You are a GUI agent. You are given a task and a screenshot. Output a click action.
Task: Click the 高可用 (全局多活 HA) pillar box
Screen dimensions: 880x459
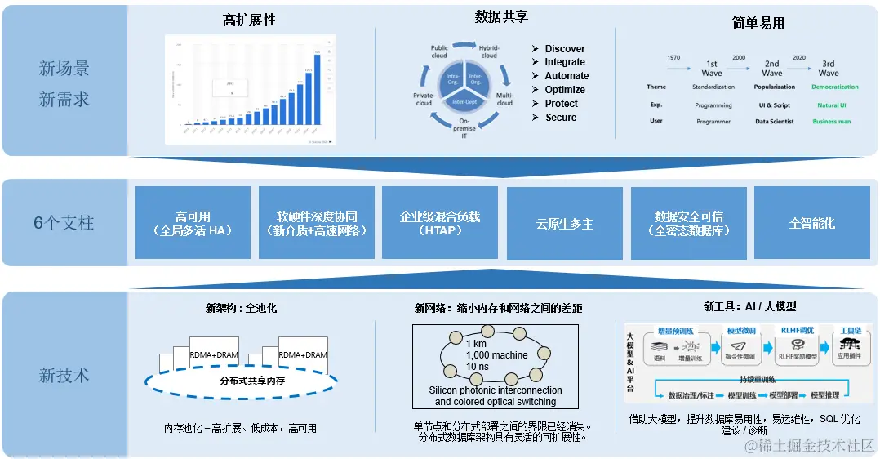tap(192, 223)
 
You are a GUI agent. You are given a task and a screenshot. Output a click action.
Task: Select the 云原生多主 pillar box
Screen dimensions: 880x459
tap(564, 223)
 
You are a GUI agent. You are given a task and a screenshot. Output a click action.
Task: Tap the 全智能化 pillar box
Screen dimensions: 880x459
tap(811, 223)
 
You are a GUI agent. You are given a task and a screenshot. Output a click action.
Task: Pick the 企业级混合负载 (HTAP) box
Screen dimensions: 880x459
tap(439, 223)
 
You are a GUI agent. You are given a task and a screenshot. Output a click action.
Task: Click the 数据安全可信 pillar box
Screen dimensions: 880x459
tap(688, 223)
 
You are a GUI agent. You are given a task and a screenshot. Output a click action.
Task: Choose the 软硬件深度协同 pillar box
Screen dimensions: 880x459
tap(316, 223)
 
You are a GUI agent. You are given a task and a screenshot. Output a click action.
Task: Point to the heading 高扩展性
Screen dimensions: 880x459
tap(249, 20)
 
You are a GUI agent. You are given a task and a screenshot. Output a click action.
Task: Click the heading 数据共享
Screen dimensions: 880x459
tap(501, 17)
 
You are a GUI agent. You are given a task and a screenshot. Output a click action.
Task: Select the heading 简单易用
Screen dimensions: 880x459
tap(758, 23)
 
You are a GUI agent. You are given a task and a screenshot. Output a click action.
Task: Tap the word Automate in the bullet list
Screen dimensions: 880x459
tap(567, 76)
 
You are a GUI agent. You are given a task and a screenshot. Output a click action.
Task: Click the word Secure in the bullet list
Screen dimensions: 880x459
tap(561, 118)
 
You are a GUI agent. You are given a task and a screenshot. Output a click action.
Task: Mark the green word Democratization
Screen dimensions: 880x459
tap(834, 87)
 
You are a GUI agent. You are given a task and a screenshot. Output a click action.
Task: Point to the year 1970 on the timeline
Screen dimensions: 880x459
tap(673, 58)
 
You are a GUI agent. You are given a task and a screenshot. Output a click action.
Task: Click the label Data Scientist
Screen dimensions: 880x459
tap(775, 121)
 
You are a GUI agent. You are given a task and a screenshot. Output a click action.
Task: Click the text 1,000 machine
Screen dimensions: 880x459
tap(496, 355)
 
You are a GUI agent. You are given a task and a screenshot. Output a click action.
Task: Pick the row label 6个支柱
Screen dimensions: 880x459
tap(64, 222)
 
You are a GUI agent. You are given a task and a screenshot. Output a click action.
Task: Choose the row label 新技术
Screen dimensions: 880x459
tap(64, 376)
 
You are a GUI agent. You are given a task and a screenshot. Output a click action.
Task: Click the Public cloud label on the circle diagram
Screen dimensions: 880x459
tap(439, 51)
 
